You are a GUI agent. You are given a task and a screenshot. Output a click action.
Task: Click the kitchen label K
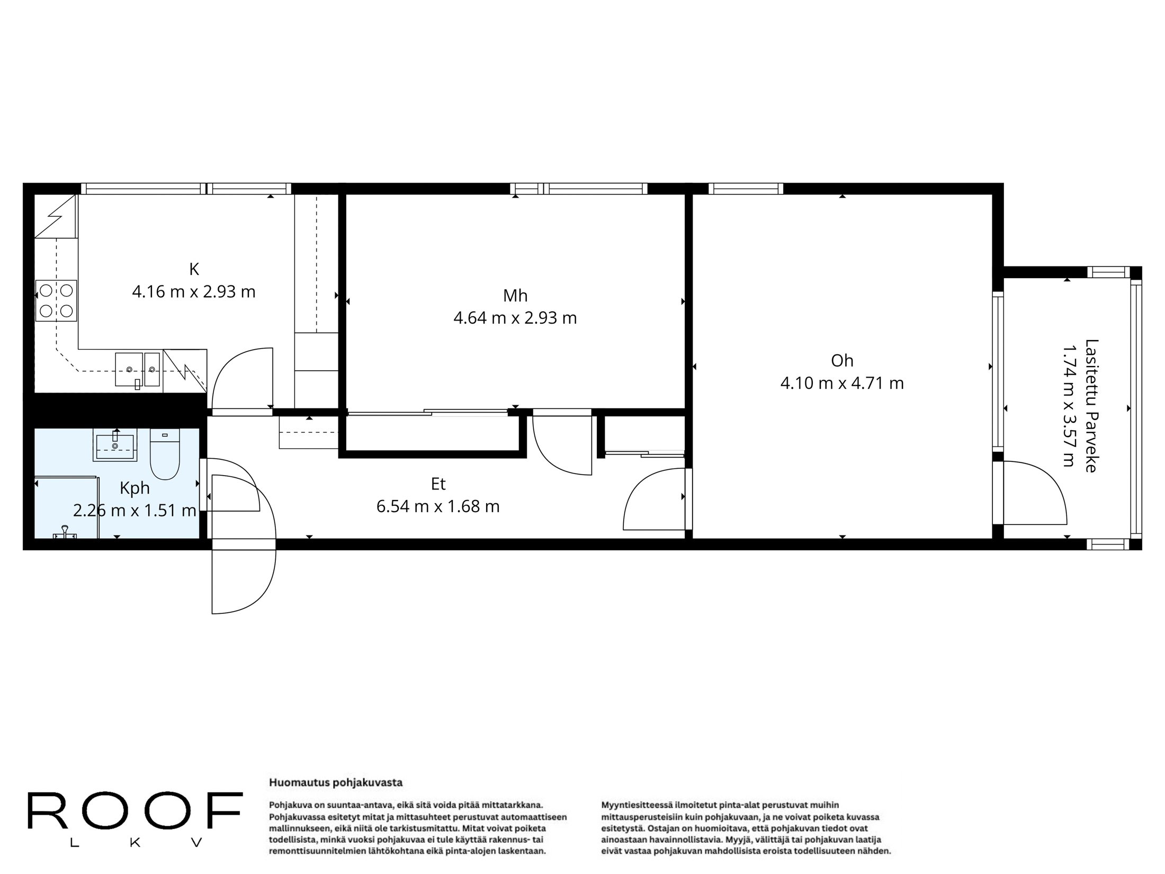194,269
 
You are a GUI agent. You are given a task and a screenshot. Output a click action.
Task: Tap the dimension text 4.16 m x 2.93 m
194,292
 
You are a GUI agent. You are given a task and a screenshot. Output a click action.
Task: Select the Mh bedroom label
515,296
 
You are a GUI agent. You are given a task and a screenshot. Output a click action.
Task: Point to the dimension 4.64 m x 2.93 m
515,318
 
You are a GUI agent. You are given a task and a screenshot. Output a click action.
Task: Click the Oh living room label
842,361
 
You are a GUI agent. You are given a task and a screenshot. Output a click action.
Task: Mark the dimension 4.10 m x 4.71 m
842,383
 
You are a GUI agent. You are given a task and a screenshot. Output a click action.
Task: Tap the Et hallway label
438,484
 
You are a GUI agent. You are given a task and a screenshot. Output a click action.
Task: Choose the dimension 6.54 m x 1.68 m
438,507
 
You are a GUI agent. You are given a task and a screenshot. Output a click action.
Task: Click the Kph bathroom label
135,488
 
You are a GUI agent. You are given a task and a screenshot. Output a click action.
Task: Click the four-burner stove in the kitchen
56,301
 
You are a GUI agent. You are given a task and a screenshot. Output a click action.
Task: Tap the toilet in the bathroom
165,454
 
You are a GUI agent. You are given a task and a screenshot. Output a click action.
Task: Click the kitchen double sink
137,369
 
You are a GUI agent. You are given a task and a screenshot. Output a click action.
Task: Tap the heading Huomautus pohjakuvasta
336,782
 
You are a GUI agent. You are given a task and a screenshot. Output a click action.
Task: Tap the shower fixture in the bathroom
65,531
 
